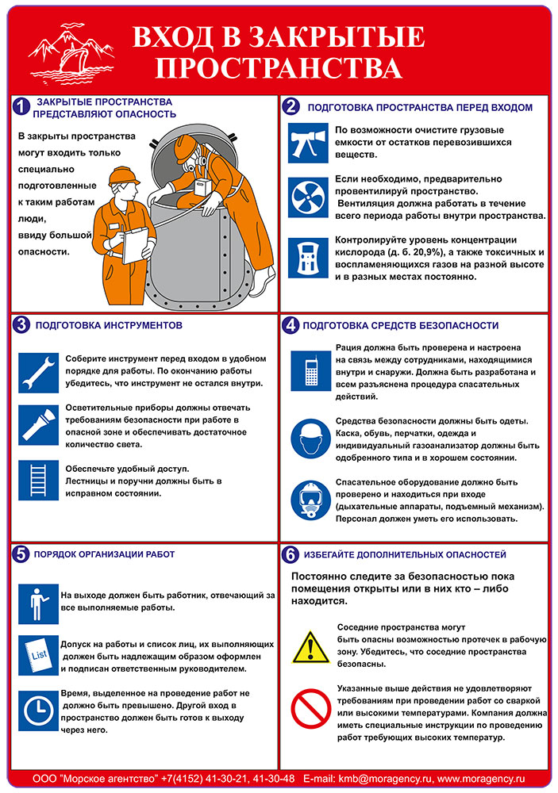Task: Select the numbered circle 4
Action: tap(291, 325)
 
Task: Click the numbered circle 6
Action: tap(291, 554)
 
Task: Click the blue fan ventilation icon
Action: tap(306, 197)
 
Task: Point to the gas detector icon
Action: tap(306, 257)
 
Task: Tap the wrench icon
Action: tap(38, 369)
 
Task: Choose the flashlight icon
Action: tap(38, 423)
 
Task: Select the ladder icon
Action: tap(38, 478)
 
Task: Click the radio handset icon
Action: tap(310, 370)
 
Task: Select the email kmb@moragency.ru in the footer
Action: tap(381, 780)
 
